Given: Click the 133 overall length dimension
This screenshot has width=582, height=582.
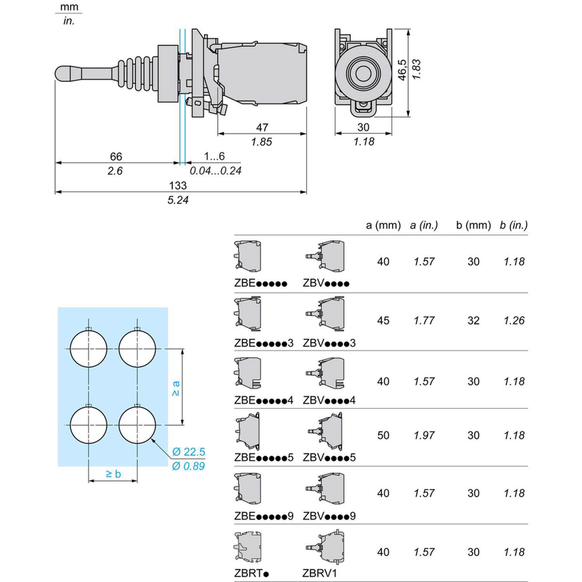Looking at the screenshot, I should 178,185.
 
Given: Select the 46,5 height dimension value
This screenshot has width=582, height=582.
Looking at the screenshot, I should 402,70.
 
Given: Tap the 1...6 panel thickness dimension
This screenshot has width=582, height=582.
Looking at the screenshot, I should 214,156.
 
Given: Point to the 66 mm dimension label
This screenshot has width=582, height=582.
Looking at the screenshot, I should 116,156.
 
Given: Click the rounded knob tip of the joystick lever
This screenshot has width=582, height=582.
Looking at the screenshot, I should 63,74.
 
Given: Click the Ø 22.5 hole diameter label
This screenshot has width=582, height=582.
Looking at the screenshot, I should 189,452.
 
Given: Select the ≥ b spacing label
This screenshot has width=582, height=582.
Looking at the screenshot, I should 113,474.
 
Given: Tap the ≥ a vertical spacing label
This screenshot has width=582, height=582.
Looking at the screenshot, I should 176,388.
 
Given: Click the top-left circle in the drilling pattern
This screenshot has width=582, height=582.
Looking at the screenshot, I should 88,349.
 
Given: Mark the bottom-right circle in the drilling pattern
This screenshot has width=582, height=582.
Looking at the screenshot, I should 137,425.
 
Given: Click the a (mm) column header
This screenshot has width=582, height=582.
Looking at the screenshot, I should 383,225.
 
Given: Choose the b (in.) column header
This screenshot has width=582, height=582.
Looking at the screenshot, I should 514,225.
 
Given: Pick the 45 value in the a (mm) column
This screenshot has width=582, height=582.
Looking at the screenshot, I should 383,321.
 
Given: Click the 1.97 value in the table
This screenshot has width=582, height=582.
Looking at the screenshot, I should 424,436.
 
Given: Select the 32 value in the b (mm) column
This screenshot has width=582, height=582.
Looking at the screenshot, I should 473,321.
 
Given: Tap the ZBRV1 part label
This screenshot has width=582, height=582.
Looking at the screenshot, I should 320,573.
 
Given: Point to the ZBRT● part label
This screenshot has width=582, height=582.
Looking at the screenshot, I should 251,573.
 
